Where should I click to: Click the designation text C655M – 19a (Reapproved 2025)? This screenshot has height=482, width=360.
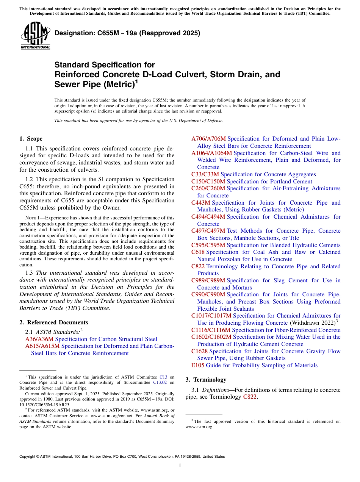[127, 33]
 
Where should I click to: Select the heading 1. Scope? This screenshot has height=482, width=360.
[31, 139]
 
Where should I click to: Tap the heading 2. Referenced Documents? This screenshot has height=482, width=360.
[53, 322]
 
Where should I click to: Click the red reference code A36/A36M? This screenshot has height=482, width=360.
[39, 339]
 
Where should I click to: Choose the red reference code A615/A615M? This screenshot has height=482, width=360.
[42, 346]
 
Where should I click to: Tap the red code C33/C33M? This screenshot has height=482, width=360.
[205, 174]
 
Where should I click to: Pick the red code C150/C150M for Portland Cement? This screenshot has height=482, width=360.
[208, 182]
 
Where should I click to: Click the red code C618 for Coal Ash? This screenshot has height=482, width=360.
[198, 252]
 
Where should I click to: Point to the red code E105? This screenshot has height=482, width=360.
[198, 365]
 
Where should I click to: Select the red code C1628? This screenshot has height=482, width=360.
[199, 351]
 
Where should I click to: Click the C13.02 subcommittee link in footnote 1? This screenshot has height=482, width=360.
[161, 382]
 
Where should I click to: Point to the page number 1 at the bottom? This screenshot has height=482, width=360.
[180, 466]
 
